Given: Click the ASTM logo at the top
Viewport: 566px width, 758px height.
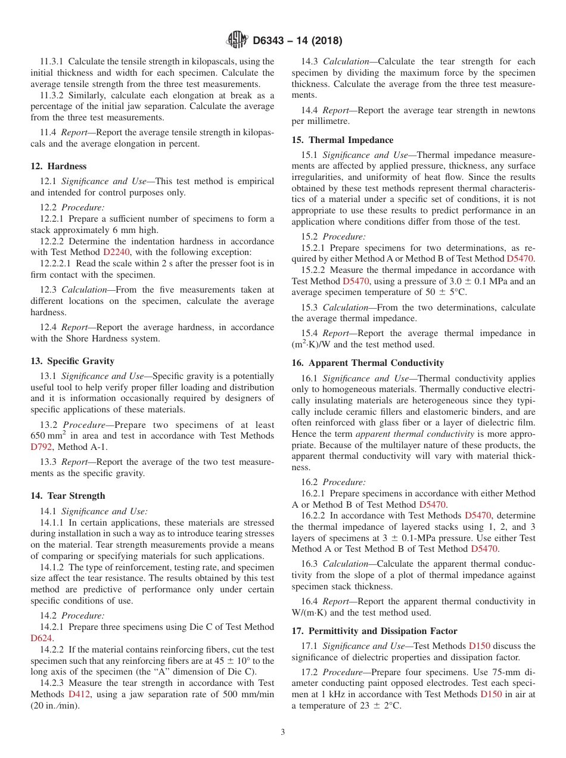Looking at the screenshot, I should tap(237, 41).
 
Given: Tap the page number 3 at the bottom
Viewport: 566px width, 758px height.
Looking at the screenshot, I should tap(283, 732).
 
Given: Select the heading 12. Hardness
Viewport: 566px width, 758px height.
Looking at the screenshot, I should tap(58, 166).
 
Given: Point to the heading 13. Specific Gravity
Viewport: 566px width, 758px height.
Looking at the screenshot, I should tap(72, 361).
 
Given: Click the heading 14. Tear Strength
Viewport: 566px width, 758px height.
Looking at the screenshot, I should tap(67, 496).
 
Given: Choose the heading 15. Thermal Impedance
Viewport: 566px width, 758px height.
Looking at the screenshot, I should tap(342, 140).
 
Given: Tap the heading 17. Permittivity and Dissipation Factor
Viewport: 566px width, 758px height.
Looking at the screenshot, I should tap(374, 631).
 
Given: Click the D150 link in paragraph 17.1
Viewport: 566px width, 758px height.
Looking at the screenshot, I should tap(480, 646).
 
